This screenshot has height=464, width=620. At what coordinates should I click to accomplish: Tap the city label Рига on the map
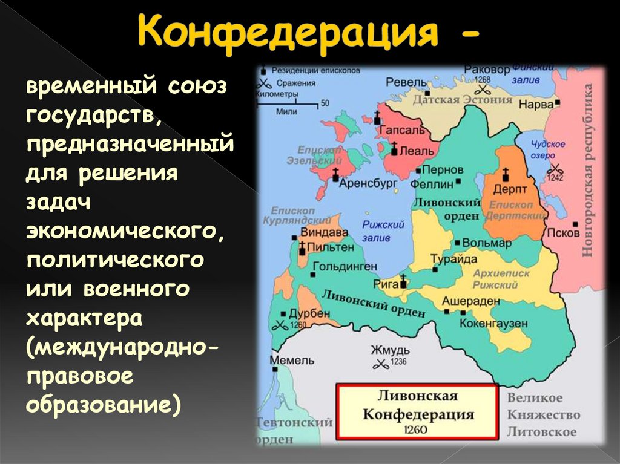coord(387,282)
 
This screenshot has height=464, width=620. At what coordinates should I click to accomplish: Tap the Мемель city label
coord(292,360)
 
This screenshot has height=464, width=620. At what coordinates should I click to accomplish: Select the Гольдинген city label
coord(345,266)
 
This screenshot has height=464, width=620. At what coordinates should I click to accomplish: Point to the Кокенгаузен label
coord(493,324)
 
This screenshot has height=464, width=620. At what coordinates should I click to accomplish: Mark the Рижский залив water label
coord(383,230)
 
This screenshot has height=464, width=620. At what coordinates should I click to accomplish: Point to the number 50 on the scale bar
coord(325,103)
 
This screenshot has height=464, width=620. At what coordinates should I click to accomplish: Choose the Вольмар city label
coord(487,243)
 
